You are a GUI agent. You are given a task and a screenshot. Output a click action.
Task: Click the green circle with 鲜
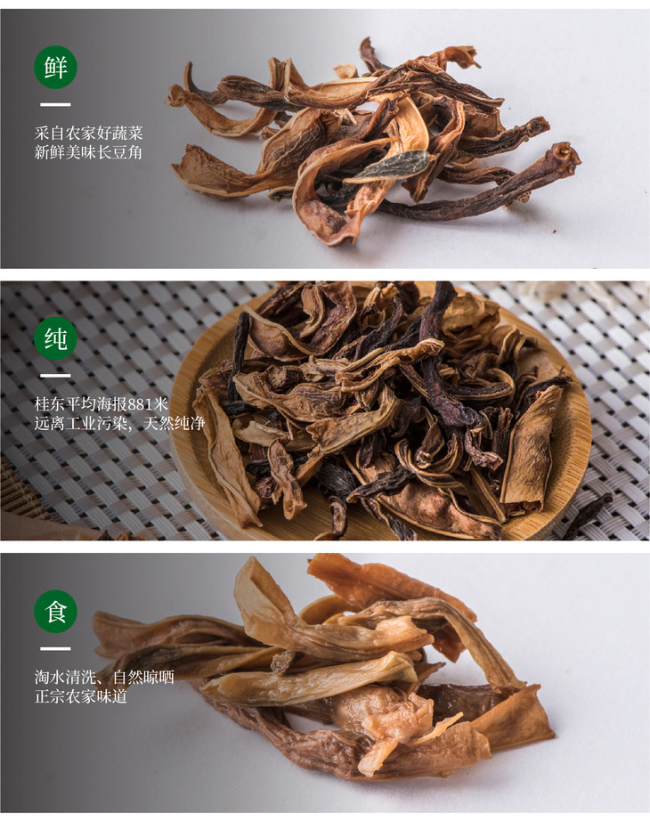(55, 68)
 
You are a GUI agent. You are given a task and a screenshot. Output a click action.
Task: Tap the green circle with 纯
(55, 338)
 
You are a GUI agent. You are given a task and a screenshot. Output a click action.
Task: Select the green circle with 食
(55, 611)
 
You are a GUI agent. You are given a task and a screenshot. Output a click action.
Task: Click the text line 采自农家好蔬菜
(88, 133)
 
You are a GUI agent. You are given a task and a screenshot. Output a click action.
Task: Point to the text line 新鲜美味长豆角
(88, 152)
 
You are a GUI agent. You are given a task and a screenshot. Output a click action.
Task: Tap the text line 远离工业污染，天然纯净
(119, 423)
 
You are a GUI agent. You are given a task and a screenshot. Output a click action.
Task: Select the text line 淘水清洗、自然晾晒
(104, 677)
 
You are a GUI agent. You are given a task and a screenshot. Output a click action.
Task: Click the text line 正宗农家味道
(81, 696)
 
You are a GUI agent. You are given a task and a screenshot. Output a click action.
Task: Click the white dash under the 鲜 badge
(55, 105)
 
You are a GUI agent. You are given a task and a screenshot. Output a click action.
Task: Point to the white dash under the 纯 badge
(55, 376)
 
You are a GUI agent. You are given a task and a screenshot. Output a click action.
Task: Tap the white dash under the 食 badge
(55, 648)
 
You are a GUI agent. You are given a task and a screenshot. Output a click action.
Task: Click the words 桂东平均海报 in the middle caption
(81, 404)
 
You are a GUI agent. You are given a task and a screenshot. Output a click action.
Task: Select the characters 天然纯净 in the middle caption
(174, 423)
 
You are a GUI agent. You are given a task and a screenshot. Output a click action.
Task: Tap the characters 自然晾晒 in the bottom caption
(143, 677)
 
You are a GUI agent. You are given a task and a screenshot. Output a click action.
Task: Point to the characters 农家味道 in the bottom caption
(97, 696)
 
